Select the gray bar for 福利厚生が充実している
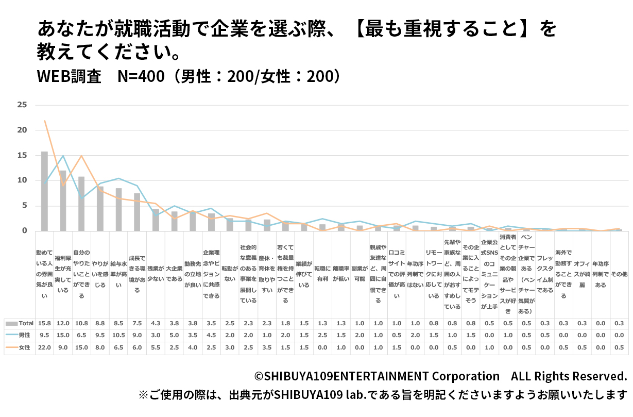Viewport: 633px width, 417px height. [63, 201]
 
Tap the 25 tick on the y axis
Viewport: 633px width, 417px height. [22, 105]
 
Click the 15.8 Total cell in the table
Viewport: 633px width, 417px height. [44, 323]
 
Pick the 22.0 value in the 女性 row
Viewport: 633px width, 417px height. [44, 347]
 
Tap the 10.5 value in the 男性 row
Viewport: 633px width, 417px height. [118, 335]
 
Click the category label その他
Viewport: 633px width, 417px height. [619, 275]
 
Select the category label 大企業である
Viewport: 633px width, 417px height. [174, 275]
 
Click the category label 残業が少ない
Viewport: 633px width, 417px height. [156, 275]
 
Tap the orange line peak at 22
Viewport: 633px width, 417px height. [45, 121]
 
